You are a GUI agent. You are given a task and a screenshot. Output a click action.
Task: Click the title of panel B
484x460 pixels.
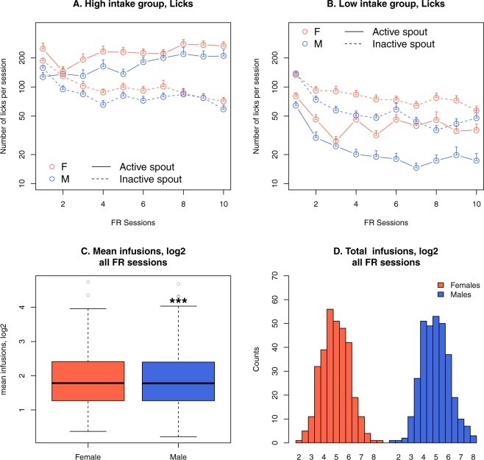click(369, 6)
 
